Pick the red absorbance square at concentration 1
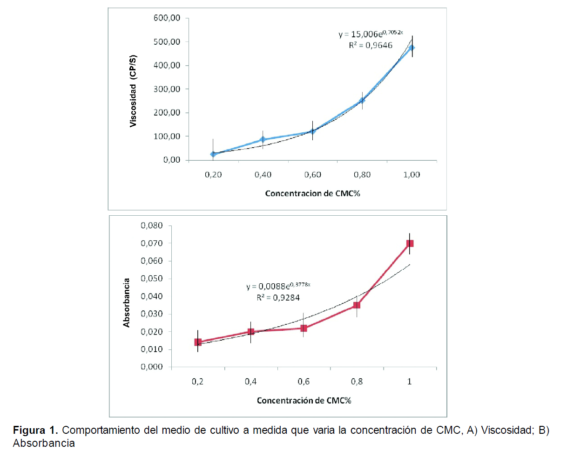tap(410, 243)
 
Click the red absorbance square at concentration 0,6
tap(304, 328)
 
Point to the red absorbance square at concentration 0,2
tap(198, 342)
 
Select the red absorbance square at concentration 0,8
tap(357, 305)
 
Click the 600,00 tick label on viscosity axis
tap(167, 18)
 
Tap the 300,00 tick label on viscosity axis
tap(167, 89)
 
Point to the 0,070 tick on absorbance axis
tap(152, 243)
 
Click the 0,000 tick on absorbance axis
tap(152, 367)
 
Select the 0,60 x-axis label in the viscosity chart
tap(312, 175)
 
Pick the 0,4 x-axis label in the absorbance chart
tap(250, 382)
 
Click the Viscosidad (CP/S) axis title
tap(133, 91)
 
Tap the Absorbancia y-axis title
tap(127, 303)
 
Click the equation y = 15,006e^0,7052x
tap(371, 34)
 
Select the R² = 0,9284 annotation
tap(278, 298)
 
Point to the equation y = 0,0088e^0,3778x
tap(278, 286)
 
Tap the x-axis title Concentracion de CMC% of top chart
tap(312, 193)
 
